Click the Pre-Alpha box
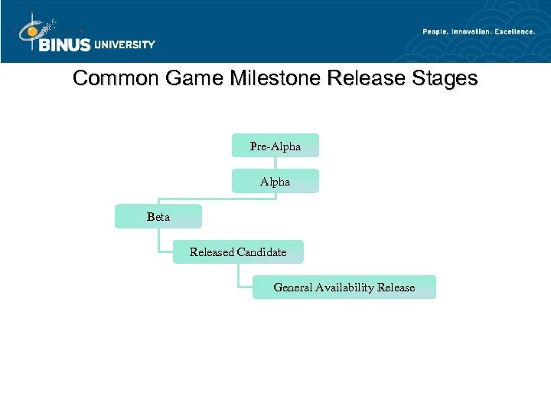coord(275,146)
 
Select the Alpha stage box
coord(275,182)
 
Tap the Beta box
coord(158,217)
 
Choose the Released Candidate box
coord(238,252)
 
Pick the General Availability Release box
coord(344,287)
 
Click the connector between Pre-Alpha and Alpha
coord(275,163)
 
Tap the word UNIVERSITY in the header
coord(124,44)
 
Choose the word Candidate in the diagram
coord(262,252)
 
